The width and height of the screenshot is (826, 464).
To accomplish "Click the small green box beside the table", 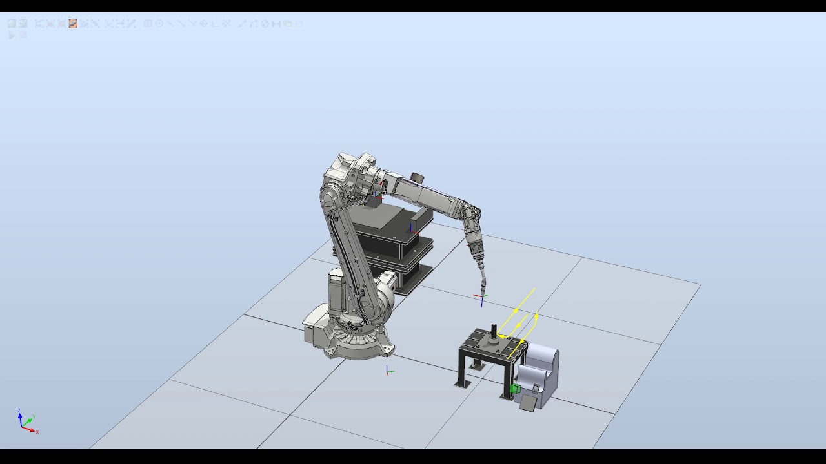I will tap(515, 389).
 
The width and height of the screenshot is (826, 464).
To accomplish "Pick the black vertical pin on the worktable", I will tap(494, 330).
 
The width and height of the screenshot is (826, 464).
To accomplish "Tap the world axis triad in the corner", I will tap(26, 422).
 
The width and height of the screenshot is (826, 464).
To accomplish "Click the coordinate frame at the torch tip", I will tap(481, 298).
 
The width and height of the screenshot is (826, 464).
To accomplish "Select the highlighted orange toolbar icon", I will tap(73, 23).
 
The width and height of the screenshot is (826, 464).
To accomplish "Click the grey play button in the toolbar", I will tap(12, 35).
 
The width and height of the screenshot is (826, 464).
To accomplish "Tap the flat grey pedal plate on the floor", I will tap(528, 403).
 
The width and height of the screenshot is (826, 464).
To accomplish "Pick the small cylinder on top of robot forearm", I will tap(417, 177).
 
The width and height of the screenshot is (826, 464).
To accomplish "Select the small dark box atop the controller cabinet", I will tap(374, 201).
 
